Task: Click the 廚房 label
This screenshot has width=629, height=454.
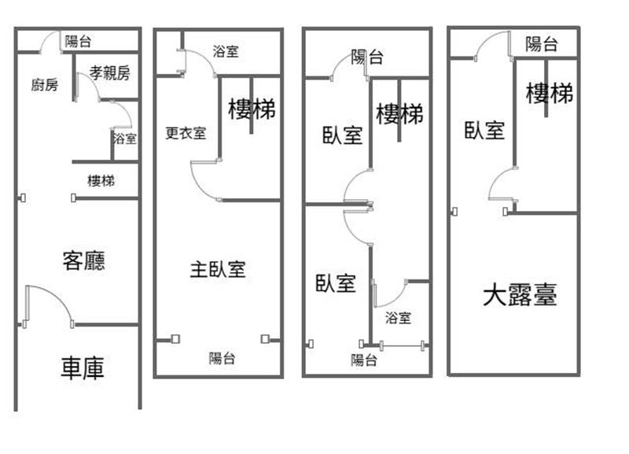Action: click(x=45, y=85)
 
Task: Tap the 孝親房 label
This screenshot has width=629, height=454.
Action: click(x=109, y=72)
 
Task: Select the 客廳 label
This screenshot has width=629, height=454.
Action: click(x=84, y=260)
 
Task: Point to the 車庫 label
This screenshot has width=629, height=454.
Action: click(x=83, y=367)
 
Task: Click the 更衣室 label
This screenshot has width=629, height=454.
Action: click(x=186, y=133)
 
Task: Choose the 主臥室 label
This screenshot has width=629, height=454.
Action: click(x=218, y=269)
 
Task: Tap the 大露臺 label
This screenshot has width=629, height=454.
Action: click(x=520, y=294)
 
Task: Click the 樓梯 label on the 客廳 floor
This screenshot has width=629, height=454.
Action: click(x=101, y=181)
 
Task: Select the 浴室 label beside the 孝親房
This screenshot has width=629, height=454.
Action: click(x=125, y=138)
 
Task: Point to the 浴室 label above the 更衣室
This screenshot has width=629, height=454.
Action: click(x=226, y=51)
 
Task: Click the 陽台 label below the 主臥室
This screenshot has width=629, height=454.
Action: click(x=222, y=358)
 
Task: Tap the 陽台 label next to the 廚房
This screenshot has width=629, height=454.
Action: click(x=78, y=41)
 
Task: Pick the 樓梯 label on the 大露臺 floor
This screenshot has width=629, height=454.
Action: click(x=549, y=93)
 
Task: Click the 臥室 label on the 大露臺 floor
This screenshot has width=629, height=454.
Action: click(x=484, y=130)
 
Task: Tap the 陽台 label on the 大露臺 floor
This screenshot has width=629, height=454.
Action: click(x=542, y=44)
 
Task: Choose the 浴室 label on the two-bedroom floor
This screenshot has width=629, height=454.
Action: click(x=398, y=318)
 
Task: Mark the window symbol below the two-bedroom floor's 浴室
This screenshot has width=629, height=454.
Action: click(x=402, y=345)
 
